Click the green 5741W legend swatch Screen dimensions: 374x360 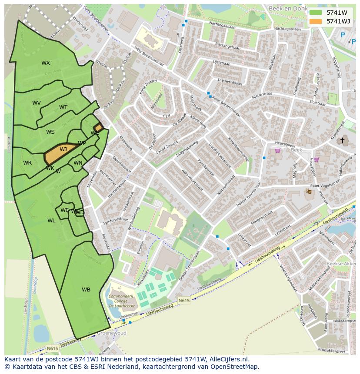coord(316,13)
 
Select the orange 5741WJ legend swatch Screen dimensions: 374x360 coord(316,21)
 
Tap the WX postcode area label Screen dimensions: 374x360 coord(46,63)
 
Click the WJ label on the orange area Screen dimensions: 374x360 coord(63,149)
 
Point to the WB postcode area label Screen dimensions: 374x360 coord(86,290)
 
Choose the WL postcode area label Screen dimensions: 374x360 coord(51,221)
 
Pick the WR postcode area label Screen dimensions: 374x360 coord(27,163)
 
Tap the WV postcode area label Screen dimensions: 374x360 coord(37,103)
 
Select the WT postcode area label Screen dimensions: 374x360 coord(63,107)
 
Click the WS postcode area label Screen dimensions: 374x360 coord(50,132)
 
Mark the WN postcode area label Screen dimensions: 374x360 coord(78,163)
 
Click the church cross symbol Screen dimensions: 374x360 coord(342,140)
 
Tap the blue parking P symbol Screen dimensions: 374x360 coord(343,35)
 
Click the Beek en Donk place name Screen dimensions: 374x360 coord(297,8)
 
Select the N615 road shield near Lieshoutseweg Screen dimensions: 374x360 coord(184,300)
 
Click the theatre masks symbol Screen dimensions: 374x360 coord(308,191)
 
